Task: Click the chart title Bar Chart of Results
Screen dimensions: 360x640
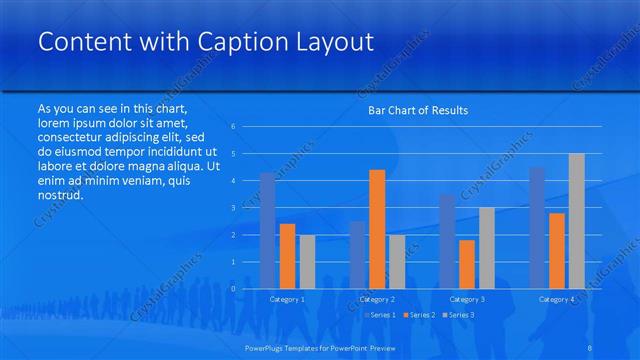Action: [412, 110]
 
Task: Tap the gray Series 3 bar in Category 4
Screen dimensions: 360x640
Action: [577, 221]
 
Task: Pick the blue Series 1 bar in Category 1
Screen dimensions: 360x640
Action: [267, 231]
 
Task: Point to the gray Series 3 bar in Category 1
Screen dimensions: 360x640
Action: [307, 262]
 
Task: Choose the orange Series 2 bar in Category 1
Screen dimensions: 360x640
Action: [287, 256]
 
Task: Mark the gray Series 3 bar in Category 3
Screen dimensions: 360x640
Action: [487, 248]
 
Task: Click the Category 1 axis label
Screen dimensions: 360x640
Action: [287, 299]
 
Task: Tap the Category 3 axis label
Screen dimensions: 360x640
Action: [467, 299]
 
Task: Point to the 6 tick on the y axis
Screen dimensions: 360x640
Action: [232, 126]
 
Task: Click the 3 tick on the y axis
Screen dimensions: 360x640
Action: [232, 207]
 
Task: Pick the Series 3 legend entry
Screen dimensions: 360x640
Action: [458, 315]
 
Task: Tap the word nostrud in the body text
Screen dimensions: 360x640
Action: [59, 194]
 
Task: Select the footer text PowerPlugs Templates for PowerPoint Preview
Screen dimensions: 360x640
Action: [320, 347]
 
